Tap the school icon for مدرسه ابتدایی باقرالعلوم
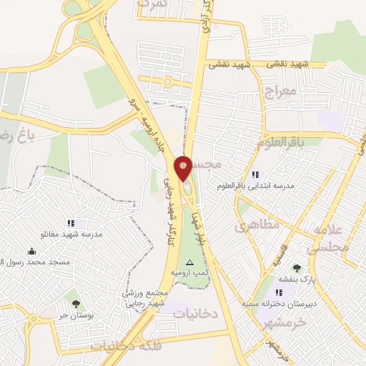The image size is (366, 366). (255, 174)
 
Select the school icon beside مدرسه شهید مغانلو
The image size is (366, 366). (71, 224)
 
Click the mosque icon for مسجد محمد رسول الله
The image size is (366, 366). (31, 252)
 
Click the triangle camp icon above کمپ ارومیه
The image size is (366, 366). (189, 262)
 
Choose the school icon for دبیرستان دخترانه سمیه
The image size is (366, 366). (280, 292)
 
